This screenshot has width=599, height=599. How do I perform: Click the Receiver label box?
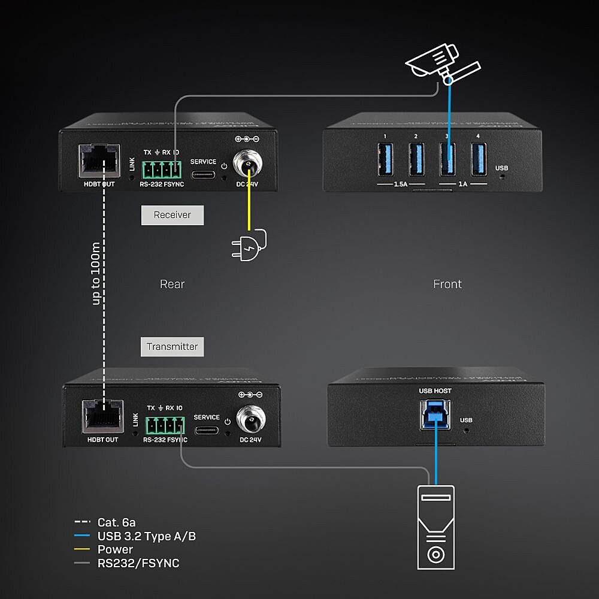point(173,215)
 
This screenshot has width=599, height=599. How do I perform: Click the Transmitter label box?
point(173,346)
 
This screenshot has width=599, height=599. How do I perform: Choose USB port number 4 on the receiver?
point(478,160)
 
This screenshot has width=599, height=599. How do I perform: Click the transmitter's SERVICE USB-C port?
point(207,429)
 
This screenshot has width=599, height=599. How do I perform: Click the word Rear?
point(173,284)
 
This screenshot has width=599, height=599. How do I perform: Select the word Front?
point(447,284)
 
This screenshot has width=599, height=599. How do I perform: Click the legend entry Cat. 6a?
point(116,523)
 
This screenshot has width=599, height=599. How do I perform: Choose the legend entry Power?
point(115,549)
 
